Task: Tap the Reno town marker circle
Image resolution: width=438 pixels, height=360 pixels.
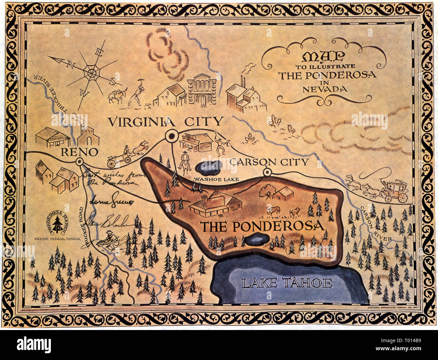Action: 80,162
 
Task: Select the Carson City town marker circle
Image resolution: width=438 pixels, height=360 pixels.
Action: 267,172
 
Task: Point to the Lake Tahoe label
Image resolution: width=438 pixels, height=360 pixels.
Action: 287,283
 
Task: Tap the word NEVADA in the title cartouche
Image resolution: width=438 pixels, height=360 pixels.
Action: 325,89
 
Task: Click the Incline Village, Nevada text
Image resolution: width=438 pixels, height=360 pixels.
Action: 57,239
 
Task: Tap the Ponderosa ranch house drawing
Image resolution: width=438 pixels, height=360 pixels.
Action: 216,203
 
